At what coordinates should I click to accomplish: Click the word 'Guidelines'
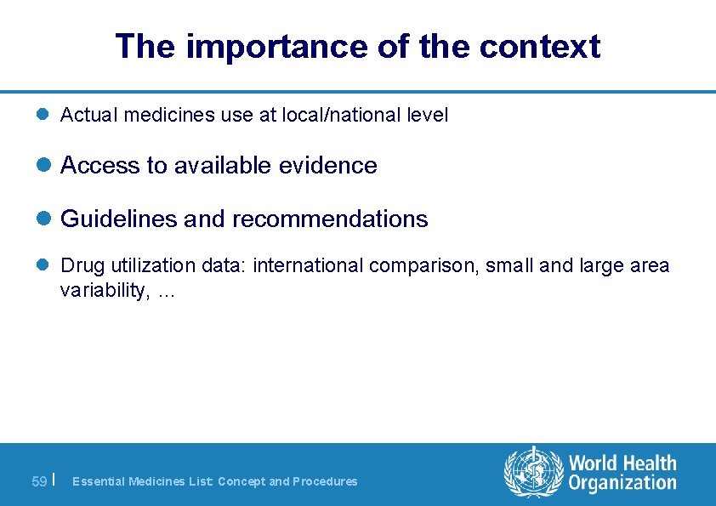[x=119, y=219]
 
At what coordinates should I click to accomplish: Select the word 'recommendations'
[x=330, y=219]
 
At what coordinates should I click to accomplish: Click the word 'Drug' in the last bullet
[x=78, y=266]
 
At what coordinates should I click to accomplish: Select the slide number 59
[x=39, y=482]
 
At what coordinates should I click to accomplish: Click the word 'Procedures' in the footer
[x=325, y=482]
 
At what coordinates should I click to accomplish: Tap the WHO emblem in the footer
[x=533, y=472]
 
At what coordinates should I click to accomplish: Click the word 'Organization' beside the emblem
[x=622, y=484]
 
